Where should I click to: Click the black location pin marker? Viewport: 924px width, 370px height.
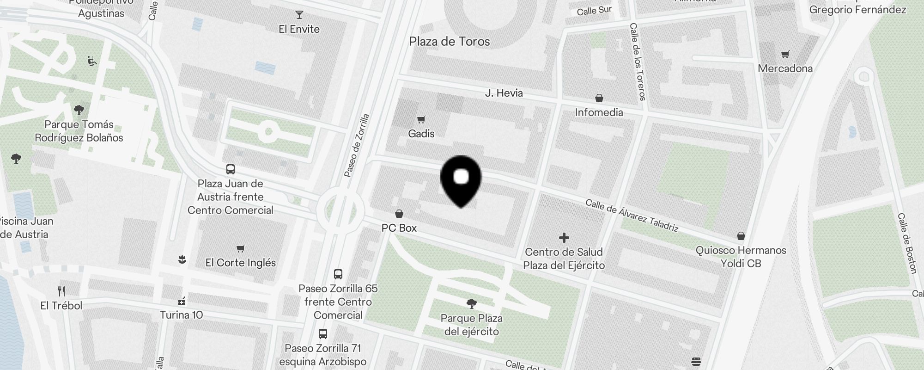[x=461, y=180]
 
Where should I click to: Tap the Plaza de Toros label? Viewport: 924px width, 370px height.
[x=449, y=42]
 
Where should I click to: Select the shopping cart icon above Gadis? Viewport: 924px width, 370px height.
[x=421, y=120]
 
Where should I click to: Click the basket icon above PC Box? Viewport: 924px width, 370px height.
[x=399, y=214]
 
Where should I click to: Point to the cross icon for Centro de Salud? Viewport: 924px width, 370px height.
[x=564, y=238]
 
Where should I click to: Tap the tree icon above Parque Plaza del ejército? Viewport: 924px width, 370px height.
[x=471, y=303]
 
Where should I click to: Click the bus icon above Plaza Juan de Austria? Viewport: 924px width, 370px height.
[x=230, y=169]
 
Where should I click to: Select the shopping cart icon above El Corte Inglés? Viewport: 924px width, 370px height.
[x=240, y=249]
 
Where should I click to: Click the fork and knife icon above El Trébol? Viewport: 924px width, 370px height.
[x=61, y=291]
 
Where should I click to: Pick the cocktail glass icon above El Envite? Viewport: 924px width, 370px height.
[x=299, y=15]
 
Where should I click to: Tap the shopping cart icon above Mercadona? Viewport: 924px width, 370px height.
[x=785, y=55]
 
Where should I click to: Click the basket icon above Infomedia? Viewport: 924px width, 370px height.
[x=599, y=98]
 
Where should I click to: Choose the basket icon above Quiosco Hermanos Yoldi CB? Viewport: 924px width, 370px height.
[x=741, y=236]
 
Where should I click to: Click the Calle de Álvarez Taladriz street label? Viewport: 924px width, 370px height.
[x=632, y=216]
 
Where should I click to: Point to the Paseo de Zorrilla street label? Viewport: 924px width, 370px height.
[x=357, y=145]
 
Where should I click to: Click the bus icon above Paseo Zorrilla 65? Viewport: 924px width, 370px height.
[x=338, y=274]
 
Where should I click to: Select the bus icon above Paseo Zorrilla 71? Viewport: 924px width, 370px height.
[x=323, y=334]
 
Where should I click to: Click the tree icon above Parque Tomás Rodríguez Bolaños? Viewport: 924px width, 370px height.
[x=79, y=110]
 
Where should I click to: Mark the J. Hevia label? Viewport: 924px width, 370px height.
[x=504, y=93]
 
